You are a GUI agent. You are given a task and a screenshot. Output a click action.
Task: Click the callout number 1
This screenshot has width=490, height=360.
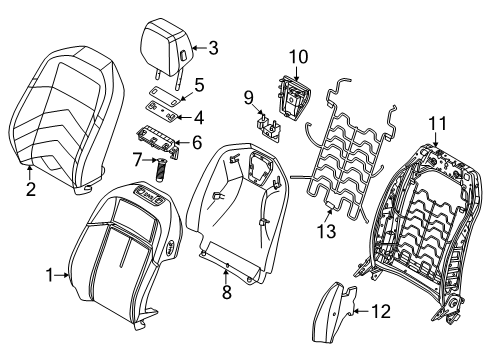49,275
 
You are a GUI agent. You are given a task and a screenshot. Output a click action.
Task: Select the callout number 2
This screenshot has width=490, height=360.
31,189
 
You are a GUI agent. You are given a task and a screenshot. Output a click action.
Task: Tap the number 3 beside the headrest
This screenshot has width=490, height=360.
213,48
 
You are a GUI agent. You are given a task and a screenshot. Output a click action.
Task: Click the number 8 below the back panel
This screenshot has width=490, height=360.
227,292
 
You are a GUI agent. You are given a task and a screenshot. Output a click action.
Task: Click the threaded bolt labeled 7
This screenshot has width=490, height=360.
160,169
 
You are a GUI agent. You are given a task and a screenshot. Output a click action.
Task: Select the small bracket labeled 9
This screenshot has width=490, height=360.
269,128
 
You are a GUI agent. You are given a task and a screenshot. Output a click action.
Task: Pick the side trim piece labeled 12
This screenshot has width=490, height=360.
333,311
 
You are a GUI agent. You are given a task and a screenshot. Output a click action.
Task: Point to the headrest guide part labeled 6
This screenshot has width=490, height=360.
157,141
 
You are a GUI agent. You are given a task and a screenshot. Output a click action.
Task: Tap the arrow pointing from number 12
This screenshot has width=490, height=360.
362,311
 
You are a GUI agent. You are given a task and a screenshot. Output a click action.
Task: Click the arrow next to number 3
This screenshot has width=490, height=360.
200,48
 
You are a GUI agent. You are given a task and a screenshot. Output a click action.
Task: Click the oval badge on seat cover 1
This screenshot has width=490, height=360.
169,247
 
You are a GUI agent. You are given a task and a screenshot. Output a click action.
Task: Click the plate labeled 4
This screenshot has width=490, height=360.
162,109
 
